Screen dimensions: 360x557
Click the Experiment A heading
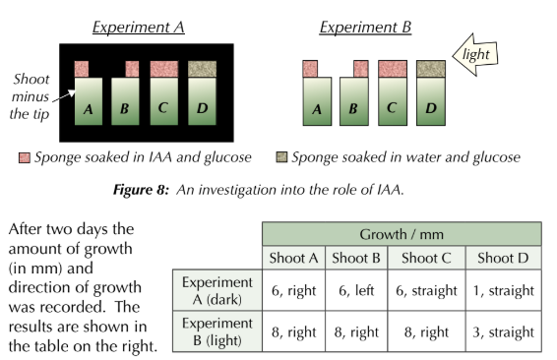coord(138,27)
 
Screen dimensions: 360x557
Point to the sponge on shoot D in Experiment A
coord(203,68)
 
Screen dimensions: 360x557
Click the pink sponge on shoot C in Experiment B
coord(393,68)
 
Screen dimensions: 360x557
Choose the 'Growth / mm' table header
coord(401,234)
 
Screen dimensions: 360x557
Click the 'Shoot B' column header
coord(354,259)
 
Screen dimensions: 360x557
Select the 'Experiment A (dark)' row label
coord(216,290)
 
